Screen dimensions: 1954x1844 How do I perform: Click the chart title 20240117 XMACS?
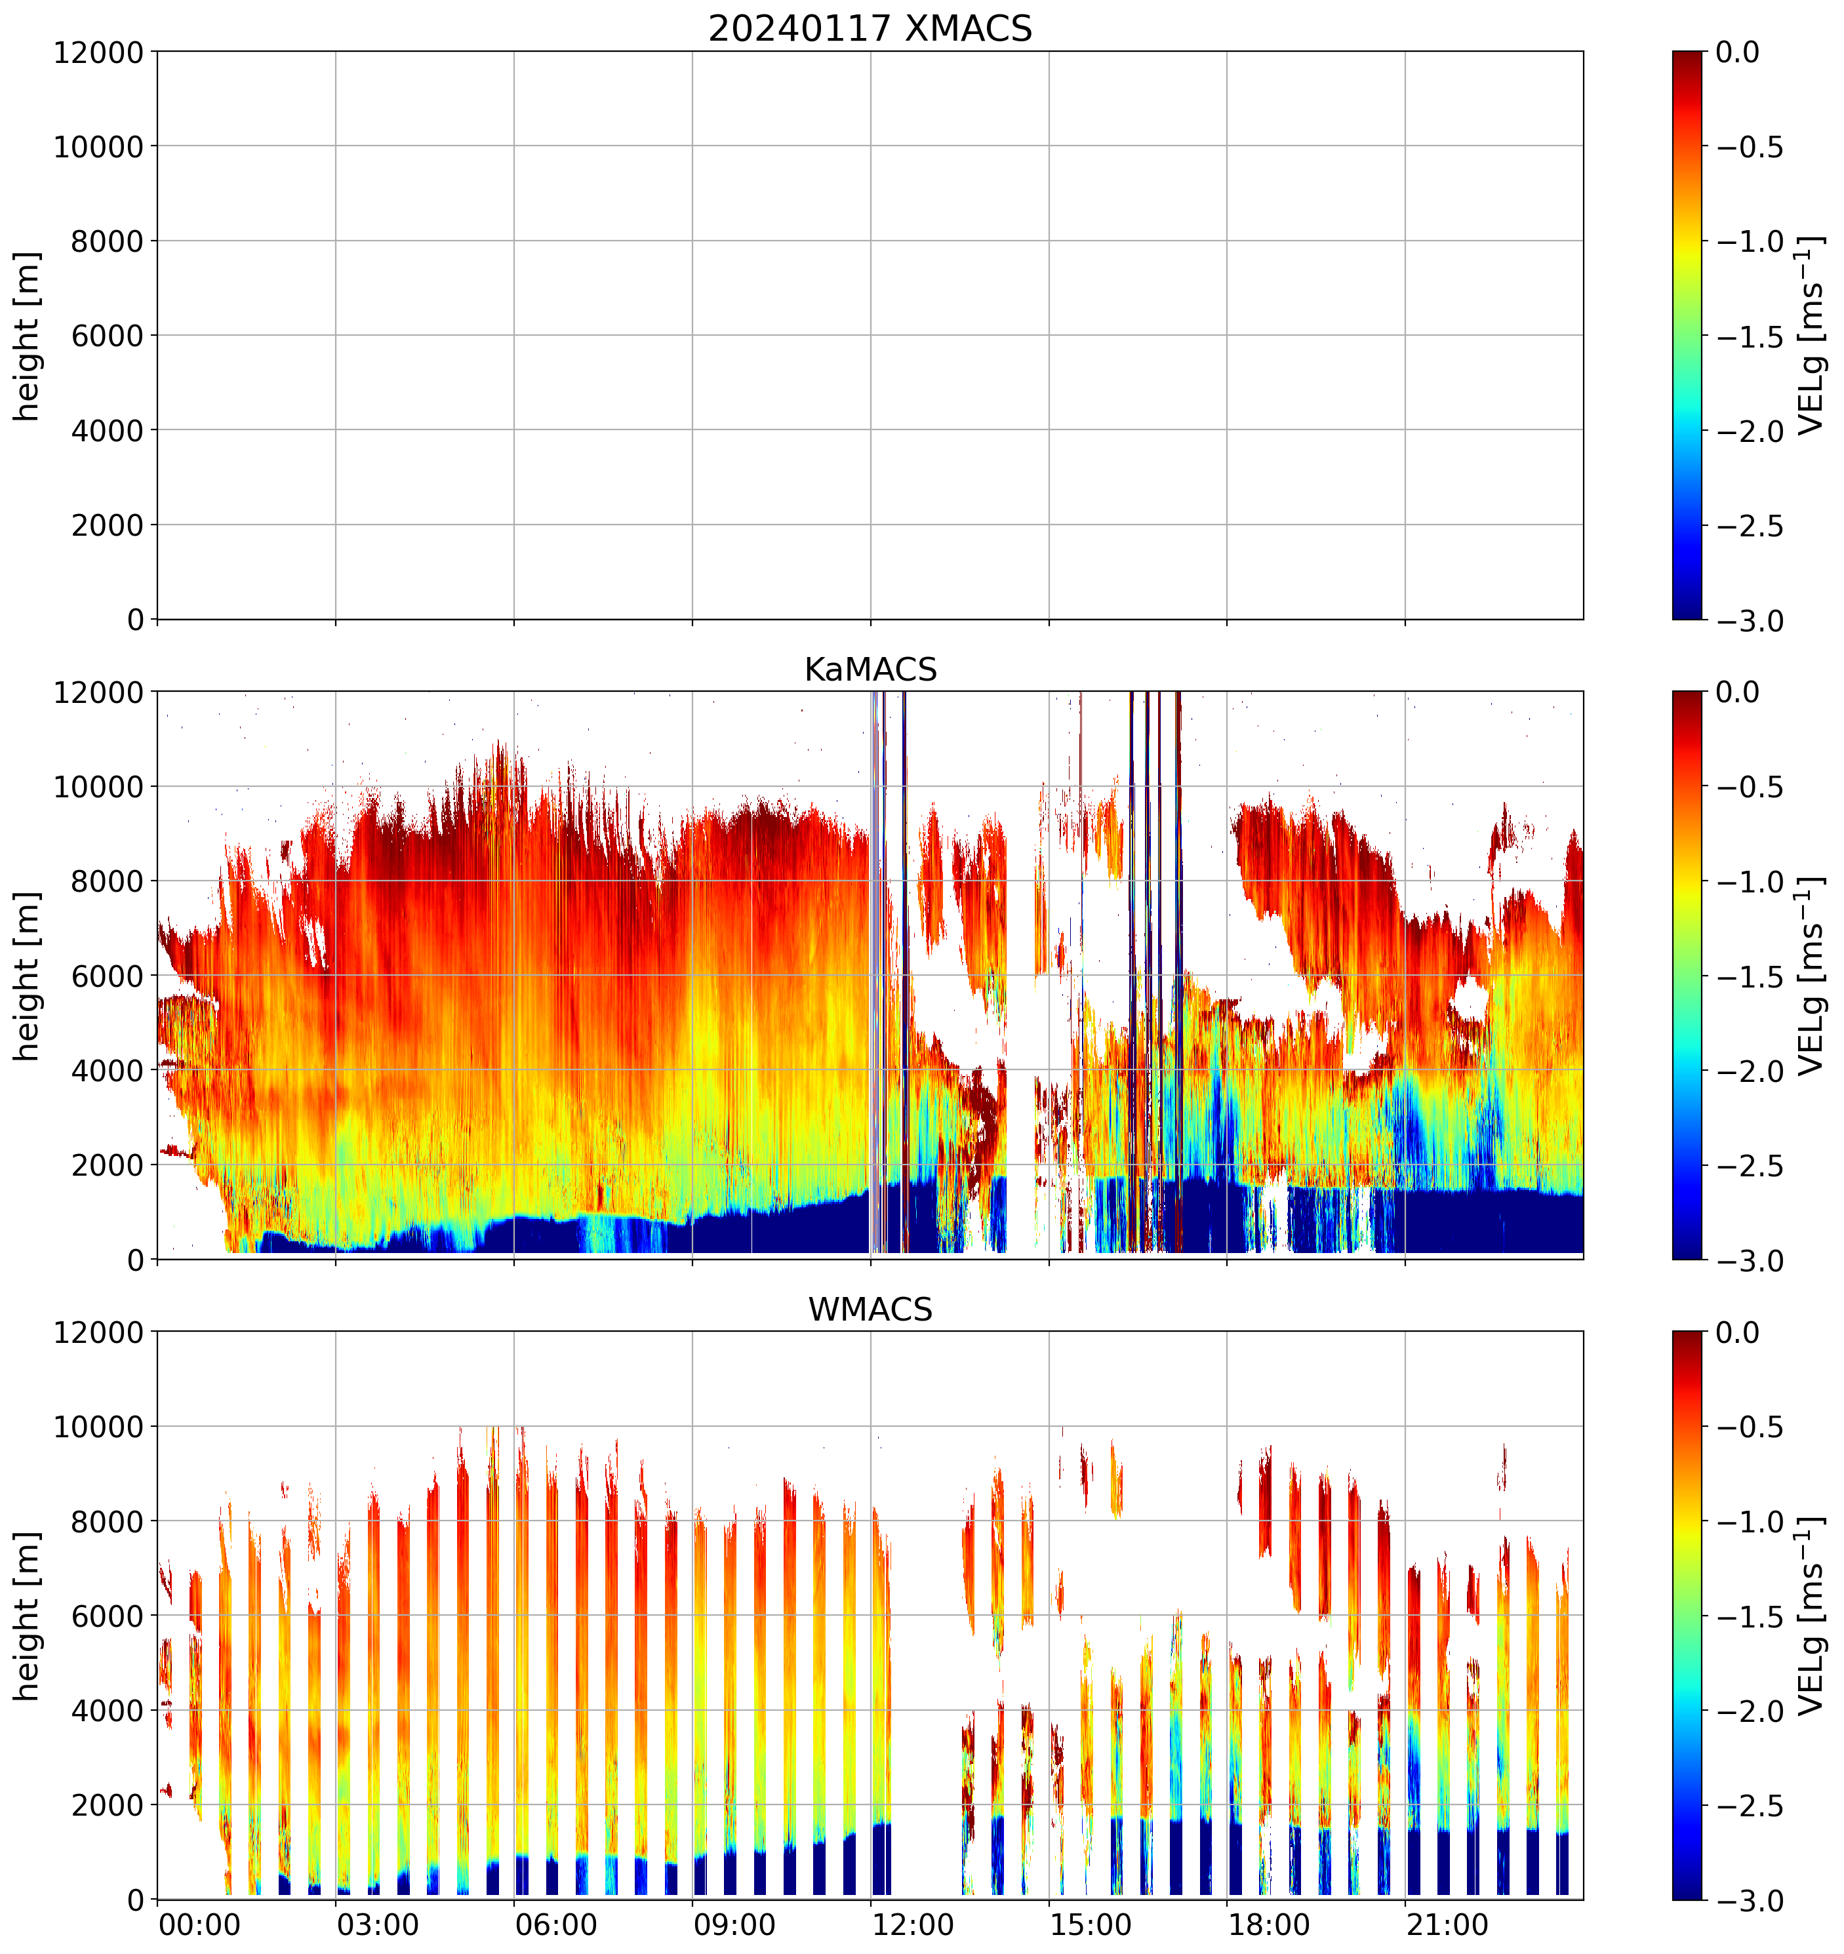870,28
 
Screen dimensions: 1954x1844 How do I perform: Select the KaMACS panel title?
870,669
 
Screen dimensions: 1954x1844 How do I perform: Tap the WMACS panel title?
870,1309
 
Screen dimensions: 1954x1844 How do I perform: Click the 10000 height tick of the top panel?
98,146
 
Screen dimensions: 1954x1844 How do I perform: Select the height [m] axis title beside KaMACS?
28,976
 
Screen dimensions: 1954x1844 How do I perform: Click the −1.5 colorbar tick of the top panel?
1750,336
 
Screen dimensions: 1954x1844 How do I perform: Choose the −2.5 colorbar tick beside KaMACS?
1750,1166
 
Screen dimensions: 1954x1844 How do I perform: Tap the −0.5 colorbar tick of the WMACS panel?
1750,1427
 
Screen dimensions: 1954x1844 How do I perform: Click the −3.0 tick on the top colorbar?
1750,621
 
